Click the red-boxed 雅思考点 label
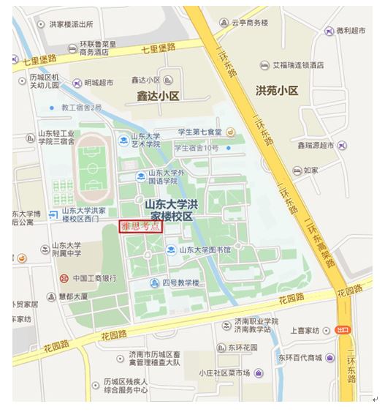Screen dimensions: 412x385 pyautogui.click(x=141, y=227)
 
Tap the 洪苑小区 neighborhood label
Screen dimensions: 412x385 pyautogui.click(x=277, y=91)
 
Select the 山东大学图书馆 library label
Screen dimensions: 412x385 pyautogui.click(x=204, y=250)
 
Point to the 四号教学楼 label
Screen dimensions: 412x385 pyautogui.click(x=180, y=282)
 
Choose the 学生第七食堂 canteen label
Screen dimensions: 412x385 pyautogui.click(x=200, y=132)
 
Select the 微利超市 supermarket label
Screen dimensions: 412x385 pyautogui.click(x=351, y=32)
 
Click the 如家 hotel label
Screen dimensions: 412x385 pyautogui.click(x=311, y=170)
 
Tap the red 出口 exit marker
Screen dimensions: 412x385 pyautogui.click(x=343, y=330)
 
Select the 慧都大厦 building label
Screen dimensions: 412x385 pyautogui.click(x=73, y=296)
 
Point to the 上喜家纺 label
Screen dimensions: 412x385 pyautogui.click(x=307, y=331)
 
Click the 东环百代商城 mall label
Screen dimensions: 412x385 pyautogui.click(x=299, y=358)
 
